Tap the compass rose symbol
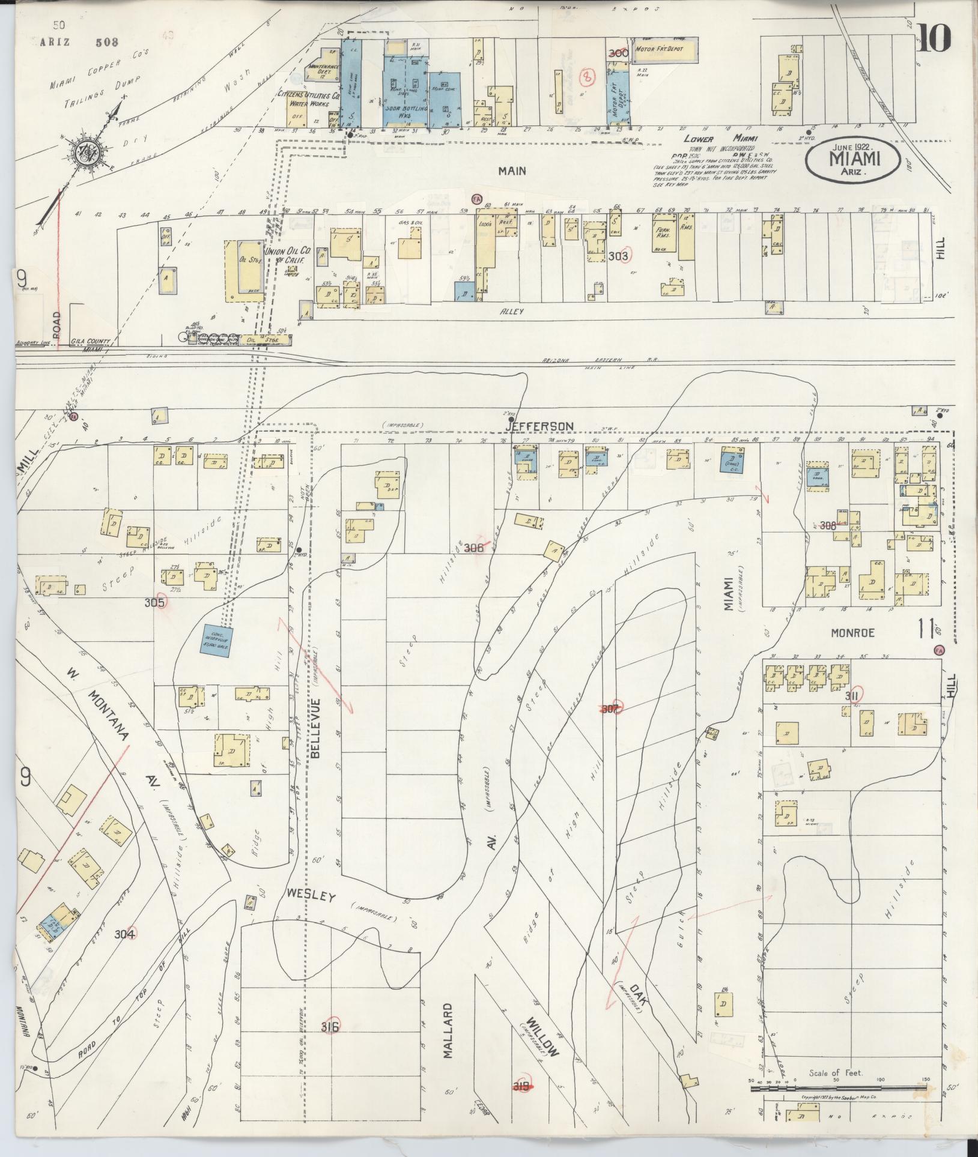point(80,150)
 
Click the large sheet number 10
point(934,38)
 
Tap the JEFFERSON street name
point(539,426)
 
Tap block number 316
point(330,1027)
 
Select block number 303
point(618,256)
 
